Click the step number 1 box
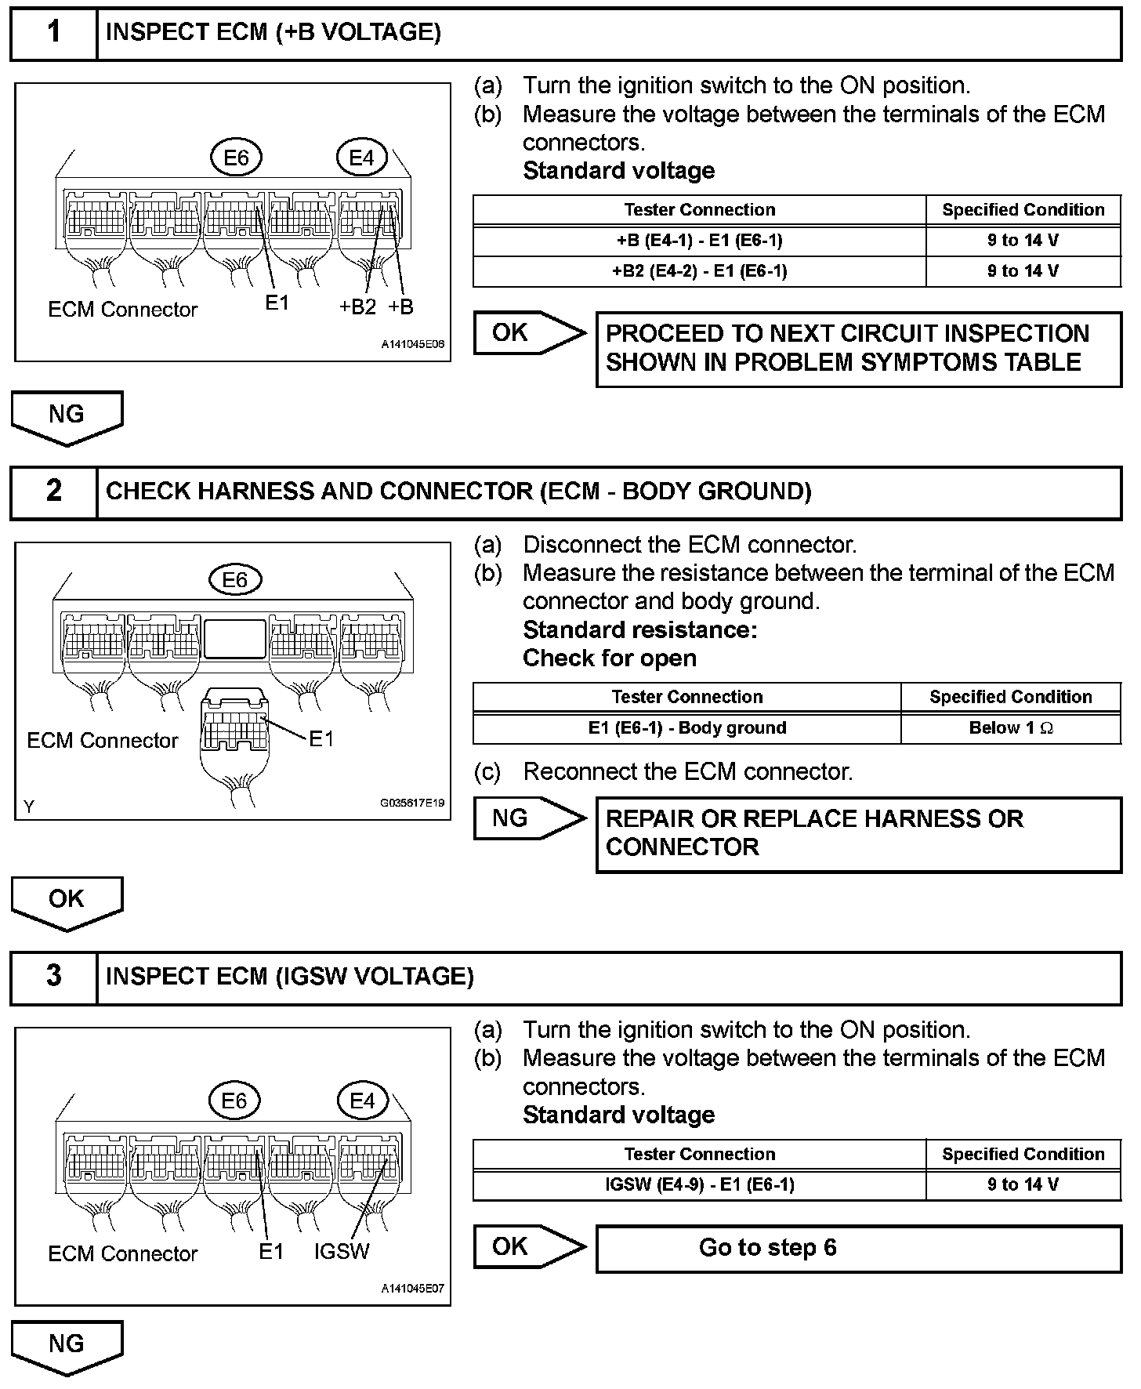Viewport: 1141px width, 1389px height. coord(53,33)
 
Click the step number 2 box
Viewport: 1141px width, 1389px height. coord(53,492)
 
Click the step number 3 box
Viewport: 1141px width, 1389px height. coord(53,977)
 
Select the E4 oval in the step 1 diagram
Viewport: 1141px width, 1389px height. coord(361,158)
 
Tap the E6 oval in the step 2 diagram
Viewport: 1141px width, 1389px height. coord(234,579)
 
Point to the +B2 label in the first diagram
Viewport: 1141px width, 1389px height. coord(357,307)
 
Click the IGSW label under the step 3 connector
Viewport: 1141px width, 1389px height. coord(341,1252)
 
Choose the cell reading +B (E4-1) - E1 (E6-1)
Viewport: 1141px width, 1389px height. coord(699,241)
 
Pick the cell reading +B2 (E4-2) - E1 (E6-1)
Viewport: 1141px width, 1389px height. coord(699,271)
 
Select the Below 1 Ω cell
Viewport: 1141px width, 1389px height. coord(1010,728)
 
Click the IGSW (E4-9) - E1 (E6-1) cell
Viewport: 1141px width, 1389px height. coord(699,1184)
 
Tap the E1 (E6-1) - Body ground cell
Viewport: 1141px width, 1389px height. coord(686,728)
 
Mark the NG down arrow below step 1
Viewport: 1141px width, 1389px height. coord(67,416)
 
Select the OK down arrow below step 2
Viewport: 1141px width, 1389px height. coord(67,901)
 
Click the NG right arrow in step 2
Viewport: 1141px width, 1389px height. coord(527,818)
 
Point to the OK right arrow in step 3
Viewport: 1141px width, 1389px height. coord(527,1246)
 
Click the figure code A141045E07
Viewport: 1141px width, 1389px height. coord(413,1288)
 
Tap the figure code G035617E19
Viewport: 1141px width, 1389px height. coord(412,803)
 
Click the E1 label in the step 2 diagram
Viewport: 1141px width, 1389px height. coord(321,738)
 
